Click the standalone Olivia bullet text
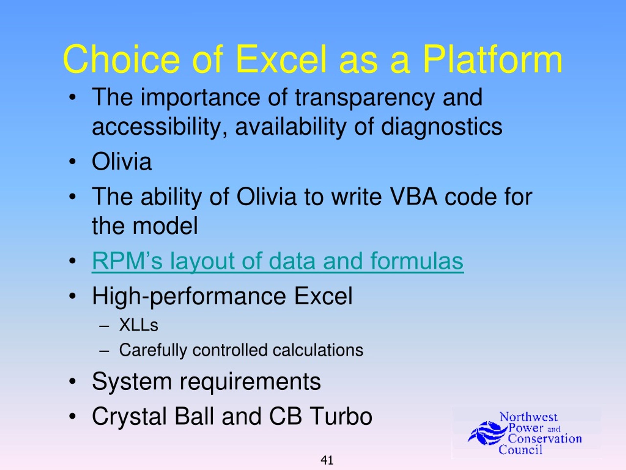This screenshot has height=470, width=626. [122, 161]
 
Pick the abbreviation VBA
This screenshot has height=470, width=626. [414, 197]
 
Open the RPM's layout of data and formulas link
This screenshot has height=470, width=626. [278, 261]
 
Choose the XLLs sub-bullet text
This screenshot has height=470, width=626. [139, 325]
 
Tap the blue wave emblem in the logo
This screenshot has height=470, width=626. [487, 433]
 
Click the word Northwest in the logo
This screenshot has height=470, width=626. [528, 417]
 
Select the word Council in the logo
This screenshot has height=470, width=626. [520, 450]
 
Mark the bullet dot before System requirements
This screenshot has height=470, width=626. [72, 381]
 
